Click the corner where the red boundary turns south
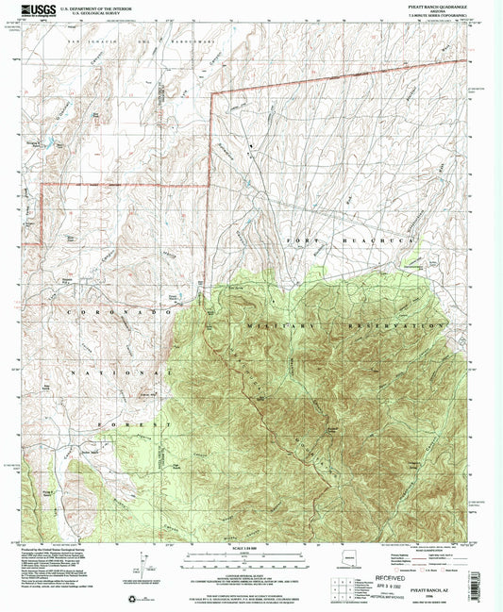click(211, 92)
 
